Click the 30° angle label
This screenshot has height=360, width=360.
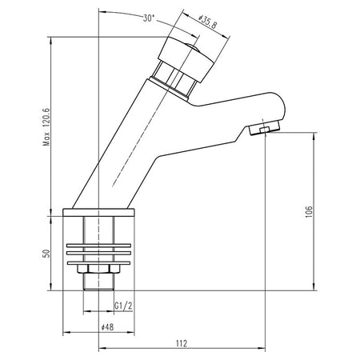[x=149, y=18]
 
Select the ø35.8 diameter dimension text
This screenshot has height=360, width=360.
[x=208, y=22]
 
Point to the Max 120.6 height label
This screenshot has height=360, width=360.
[x=46, y=126]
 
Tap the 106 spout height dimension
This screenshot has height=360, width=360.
[x=309, y=212]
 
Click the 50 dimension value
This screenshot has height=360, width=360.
[x=46, y=254]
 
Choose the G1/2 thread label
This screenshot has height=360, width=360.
[x=123, y=306]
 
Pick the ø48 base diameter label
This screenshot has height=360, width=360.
[x=107, y=327]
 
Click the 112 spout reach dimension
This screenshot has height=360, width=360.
[x=182, y=343]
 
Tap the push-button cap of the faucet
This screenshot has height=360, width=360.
[x=186, y=59]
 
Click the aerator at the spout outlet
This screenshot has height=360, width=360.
[x=264, y=128]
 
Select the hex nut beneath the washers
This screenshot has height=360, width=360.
[x=98, y=269]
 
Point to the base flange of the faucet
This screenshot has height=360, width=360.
[x=98, y=212]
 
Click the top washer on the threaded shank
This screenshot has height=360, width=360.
[x=98, y=246]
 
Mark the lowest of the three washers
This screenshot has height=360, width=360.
[x=98, y=263]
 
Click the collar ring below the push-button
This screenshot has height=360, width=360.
[x=169, y=88]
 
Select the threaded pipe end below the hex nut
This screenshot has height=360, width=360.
[x=98, y=282]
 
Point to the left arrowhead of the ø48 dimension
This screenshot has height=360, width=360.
[x=66, y=332]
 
